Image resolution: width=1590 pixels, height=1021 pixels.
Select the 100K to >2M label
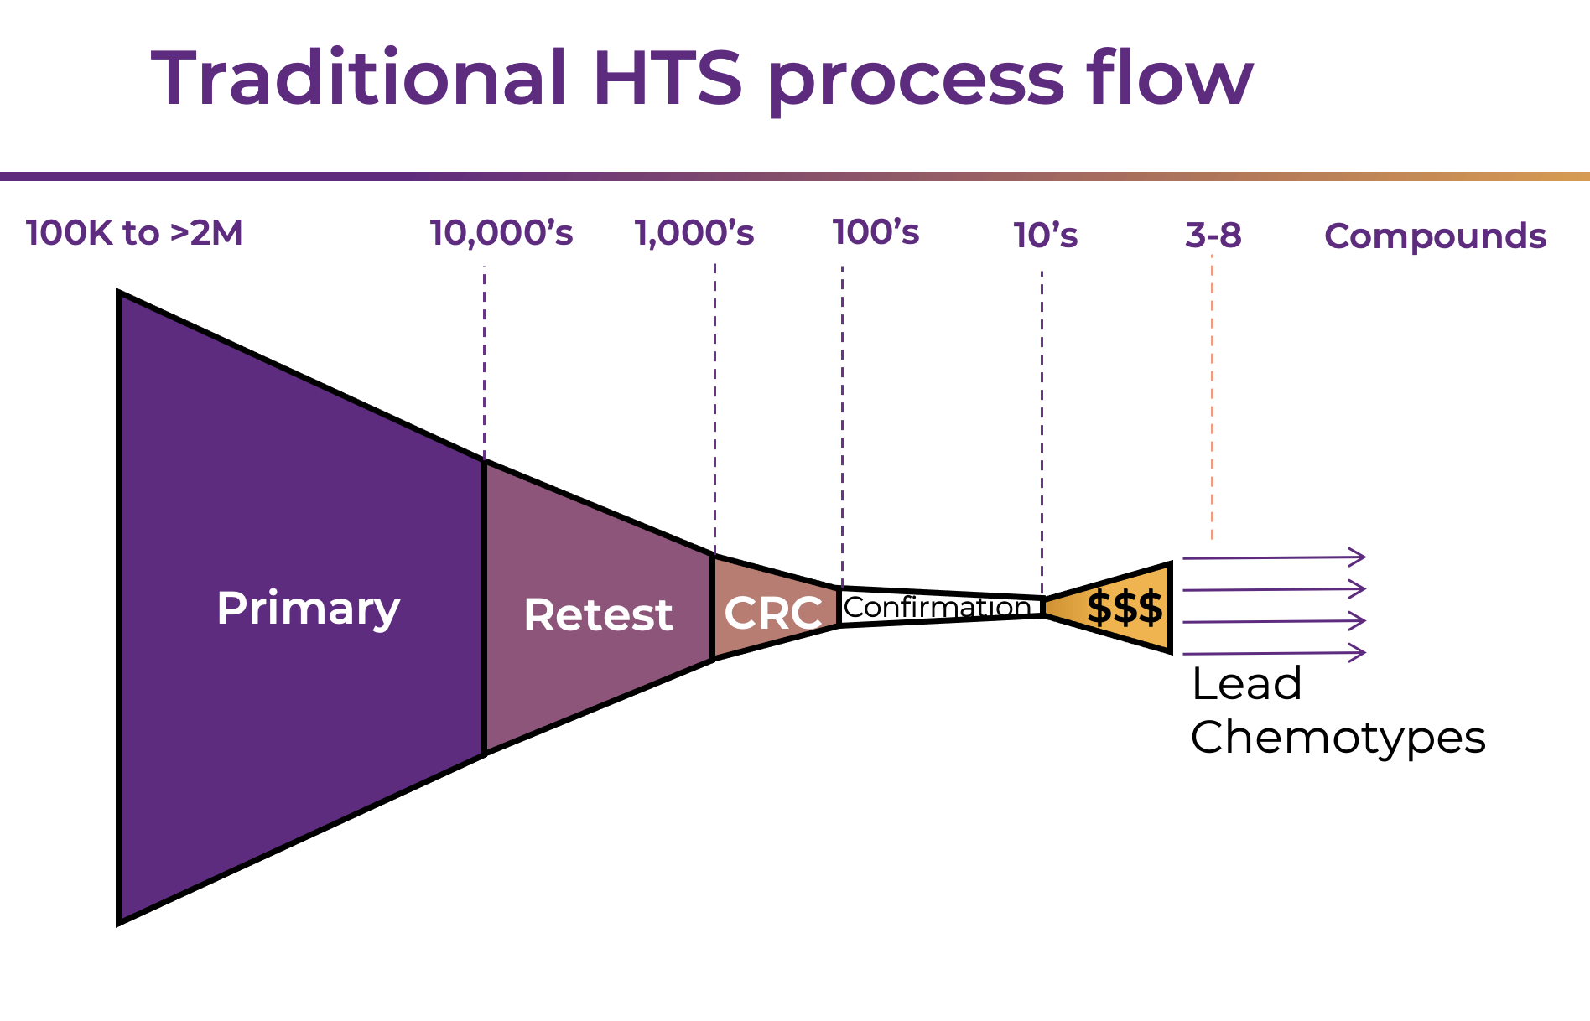pos(134,233)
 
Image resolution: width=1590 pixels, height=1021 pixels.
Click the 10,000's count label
pos(501,233)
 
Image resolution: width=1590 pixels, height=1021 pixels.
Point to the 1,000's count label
pos(694,233)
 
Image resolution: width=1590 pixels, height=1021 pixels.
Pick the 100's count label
pos(876,232)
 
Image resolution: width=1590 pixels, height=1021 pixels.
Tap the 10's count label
pos(1045,236)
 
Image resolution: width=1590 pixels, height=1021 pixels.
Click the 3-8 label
pos(1213,236)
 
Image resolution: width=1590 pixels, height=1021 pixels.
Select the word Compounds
pos(1435,236)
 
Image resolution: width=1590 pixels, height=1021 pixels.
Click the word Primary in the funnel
pos(308,608)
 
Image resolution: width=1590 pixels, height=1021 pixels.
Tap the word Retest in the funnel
pos(597,614)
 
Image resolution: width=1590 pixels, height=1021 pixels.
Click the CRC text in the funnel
pos(772,613)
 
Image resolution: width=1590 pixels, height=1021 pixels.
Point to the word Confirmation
pos(937,607)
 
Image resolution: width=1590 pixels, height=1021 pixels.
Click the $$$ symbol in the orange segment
pos(1125,608)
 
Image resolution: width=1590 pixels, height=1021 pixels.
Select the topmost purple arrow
pos(1273,557)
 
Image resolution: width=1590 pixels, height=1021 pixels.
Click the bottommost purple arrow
pos(1273,653)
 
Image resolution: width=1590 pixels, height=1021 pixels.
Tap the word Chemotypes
pos(1338,739)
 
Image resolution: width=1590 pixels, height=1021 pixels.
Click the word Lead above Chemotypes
pos(1246,683)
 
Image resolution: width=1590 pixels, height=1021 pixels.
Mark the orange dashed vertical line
pos(1212,402)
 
